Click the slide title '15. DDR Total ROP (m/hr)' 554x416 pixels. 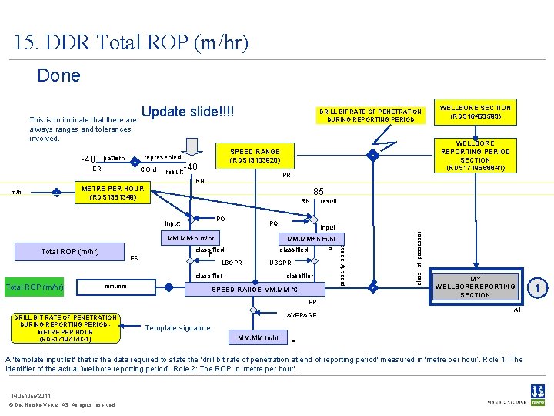[131, 42]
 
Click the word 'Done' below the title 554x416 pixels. [58, 75]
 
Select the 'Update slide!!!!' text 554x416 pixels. [188, 112]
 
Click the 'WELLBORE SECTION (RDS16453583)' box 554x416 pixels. [475, 112]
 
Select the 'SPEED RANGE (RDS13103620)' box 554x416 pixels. [255, 156]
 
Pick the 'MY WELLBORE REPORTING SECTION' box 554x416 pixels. [475, 287]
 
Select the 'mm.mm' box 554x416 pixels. [116, 287]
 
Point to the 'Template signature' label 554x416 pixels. [177, 328]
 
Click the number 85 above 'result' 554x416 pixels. [317, 190]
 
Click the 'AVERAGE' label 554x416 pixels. [301, 315]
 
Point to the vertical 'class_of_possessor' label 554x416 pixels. [419, 247]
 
